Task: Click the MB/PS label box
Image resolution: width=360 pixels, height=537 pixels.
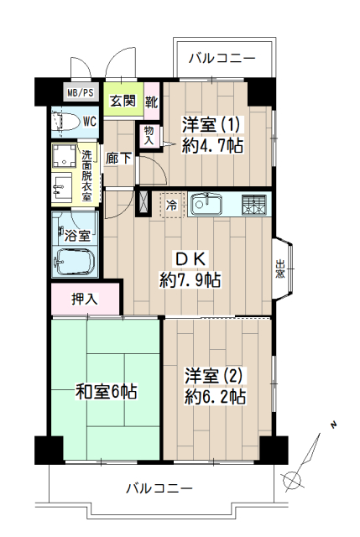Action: pyautogui.click(x=81, y=92)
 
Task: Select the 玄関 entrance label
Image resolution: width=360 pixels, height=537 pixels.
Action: pyautogui.click(x=123, y=101)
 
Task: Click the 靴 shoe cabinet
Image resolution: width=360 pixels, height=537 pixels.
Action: pyautogui.click(x=151, y=102)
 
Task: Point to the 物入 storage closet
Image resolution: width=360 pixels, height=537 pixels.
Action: pyautogui.click(x=149, y=136)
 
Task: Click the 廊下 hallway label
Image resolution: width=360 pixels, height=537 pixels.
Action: pyautogui.click(x=118, y=158)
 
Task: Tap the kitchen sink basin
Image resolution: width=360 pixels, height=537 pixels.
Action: pyautogui.click(x=206, y=205)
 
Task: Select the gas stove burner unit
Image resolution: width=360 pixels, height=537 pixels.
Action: pyautogui.click(x=253, y=205)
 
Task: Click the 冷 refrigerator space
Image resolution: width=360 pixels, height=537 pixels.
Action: pyautogui.click(x=173, y=205)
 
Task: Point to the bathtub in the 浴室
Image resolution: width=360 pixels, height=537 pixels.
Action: pyautogui.click(x=75, y=262)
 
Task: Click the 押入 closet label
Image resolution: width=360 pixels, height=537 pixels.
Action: pyautogui.click(x=84, y=299)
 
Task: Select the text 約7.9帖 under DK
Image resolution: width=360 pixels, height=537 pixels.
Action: pyautogui.click(x=190, y=280)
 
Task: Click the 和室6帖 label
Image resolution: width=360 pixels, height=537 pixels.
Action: pyautogui.click(x=107, y=392)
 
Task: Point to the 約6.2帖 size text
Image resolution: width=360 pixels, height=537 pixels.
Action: pyautogui.click(x=215, y=397)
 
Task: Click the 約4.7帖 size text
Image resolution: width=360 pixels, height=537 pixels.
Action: pyautogui.click(x=212, y=145)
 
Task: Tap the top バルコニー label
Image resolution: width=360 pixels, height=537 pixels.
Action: pyautogui.click(x=222, y=58)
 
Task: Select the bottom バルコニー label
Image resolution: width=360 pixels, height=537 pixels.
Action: pyautogui.click(x=159, y=488)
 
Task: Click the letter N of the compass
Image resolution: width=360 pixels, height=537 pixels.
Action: pyautogui.click(x=333, y=425)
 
